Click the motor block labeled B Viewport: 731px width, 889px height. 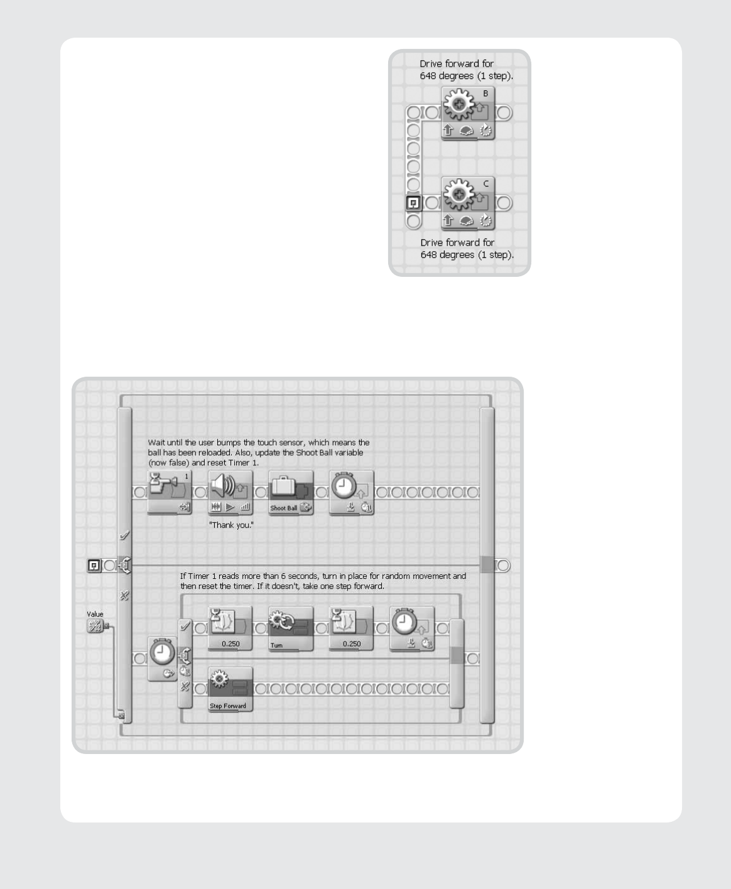click(x=468, y=113)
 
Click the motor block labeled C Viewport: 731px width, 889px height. click(x=468, y=203)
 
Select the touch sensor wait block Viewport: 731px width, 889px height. click(x=170, y=492)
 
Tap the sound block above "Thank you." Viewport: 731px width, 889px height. click(x=230, y=492)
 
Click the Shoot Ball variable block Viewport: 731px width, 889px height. click(x=291, y=492)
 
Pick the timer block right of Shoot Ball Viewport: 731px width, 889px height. click(x=351, y=492)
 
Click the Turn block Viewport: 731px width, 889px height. click(x=291, y=628)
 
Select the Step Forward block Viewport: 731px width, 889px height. click(x=230, y=689)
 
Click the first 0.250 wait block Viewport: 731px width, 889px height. click(x=230, y=628)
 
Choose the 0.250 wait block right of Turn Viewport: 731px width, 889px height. click(x=351, y=628)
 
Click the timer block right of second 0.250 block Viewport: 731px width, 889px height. click(x=412, y=628)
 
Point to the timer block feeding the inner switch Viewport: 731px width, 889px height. click(x=162, y=659)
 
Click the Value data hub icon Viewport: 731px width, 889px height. click(x=94, y=626)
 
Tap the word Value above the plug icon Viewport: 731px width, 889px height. click(x=95, y=614)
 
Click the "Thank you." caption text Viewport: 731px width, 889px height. click(x=232, y=525)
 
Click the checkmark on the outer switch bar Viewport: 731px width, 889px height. click(x=124, y=536)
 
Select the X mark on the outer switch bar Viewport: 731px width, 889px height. click(x=124, y=595)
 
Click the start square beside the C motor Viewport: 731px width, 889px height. click(x=414, y=203)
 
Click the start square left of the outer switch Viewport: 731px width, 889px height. click(x=94, y=565)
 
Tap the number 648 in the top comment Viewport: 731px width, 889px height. click(x=428, y=76)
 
